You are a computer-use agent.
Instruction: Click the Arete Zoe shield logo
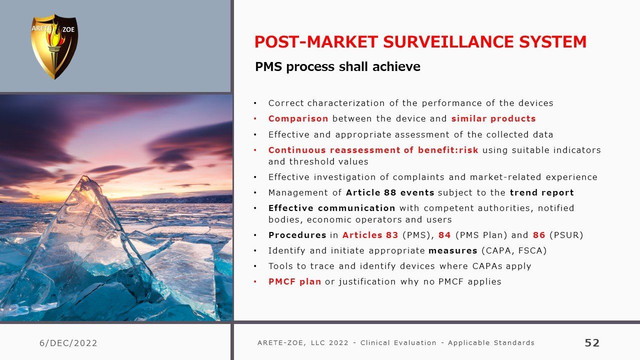(x=54, y=46)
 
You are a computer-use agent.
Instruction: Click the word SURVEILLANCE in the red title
(x=448, y=41)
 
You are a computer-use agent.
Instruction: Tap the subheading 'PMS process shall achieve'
(x=337, y=67)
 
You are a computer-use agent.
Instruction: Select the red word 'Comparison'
(x=298, y=118)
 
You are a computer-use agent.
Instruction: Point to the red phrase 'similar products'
(x=493, y=118)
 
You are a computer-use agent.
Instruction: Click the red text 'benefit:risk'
(x=448, y=150)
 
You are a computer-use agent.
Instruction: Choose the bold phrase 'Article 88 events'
(x=390, y=192)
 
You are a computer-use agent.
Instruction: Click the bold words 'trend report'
(x=541, y=192)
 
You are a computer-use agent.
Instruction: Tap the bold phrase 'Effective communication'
(x=331, y=208)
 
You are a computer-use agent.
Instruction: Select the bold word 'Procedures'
(x=297, y=235)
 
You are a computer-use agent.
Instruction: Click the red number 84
(x=444, y=235)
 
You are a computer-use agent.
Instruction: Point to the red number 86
(x=539, y=235)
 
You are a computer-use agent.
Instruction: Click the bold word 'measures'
(x=453, y=250)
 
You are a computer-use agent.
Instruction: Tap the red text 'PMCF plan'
(x=294, y=281)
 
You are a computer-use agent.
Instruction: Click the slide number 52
(x=592, y=342)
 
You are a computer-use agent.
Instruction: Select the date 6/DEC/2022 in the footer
(x=68, y=343)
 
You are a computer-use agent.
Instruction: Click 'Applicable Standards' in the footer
(x=491, y=342)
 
